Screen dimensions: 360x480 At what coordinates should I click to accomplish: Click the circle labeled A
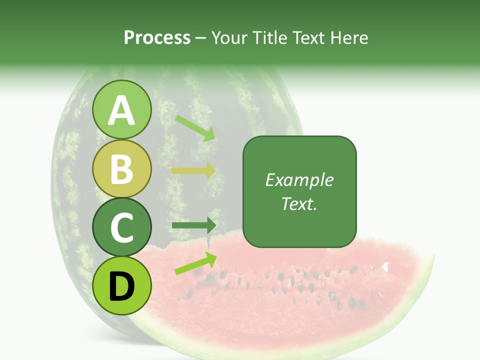121,109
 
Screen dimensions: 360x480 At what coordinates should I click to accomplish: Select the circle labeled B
121,168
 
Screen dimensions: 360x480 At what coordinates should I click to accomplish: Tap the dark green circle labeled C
121,227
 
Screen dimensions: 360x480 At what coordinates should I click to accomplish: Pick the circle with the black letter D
121,285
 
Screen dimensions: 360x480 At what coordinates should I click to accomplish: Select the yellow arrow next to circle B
193,170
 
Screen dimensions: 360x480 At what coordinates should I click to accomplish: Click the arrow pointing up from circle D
195,263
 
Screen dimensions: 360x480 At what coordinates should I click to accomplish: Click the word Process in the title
157,37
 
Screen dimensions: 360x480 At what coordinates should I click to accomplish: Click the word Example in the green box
299,180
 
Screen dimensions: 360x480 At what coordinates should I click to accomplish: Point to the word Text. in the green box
299,203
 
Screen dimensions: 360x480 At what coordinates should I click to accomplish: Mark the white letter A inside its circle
121,110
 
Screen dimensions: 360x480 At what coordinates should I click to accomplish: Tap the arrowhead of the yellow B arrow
210,170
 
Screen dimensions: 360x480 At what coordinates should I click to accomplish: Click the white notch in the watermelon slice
385,266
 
